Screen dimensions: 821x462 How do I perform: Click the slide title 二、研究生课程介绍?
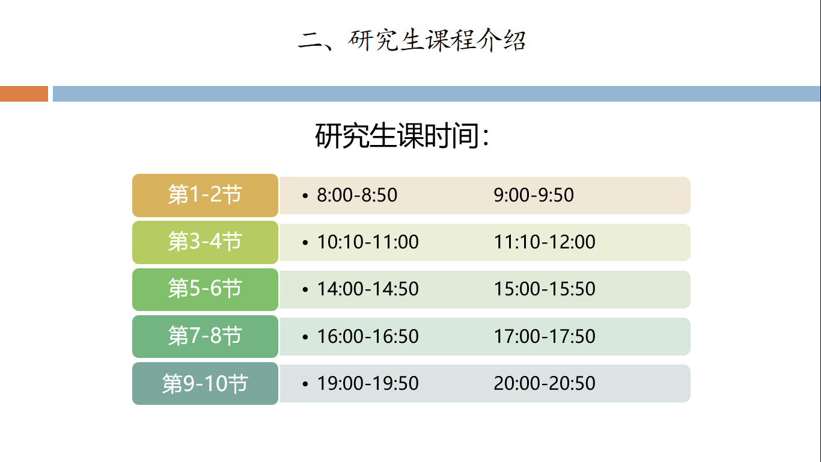(412, 40)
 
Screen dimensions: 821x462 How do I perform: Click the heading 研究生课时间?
(402, 136)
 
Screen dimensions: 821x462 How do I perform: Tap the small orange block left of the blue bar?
(24, 94)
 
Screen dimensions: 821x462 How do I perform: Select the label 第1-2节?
(205, 194)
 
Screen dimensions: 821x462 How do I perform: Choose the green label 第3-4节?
(205, 241)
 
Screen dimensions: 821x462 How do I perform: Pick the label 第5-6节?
(205, 288)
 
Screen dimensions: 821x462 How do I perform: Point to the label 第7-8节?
(205, 336)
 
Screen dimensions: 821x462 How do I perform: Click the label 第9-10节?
(205, 383)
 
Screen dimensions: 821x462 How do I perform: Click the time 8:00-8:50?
(357, 195)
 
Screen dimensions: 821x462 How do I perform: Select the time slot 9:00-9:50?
(534, 195)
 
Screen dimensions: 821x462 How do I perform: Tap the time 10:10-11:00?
(368, 242)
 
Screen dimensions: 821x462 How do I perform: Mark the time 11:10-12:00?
(545, 242)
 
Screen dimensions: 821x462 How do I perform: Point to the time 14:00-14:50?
(368, 289)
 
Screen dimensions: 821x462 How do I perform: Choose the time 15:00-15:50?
(545, 289)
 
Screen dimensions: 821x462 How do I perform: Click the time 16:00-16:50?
(368, 336)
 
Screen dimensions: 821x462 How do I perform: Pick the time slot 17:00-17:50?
(545, 336)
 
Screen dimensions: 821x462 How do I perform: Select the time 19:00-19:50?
(368, 383)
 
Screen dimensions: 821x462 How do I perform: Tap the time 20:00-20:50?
(545, 383)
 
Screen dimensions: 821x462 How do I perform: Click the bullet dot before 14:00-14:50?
(305, 290)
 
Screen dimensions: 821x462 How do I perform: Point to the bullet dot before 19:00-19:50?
(305, 384)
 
